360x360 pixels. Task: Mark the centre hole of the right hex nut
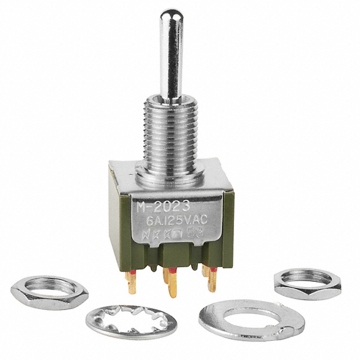pyautogui.click(x=307, y=277)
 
